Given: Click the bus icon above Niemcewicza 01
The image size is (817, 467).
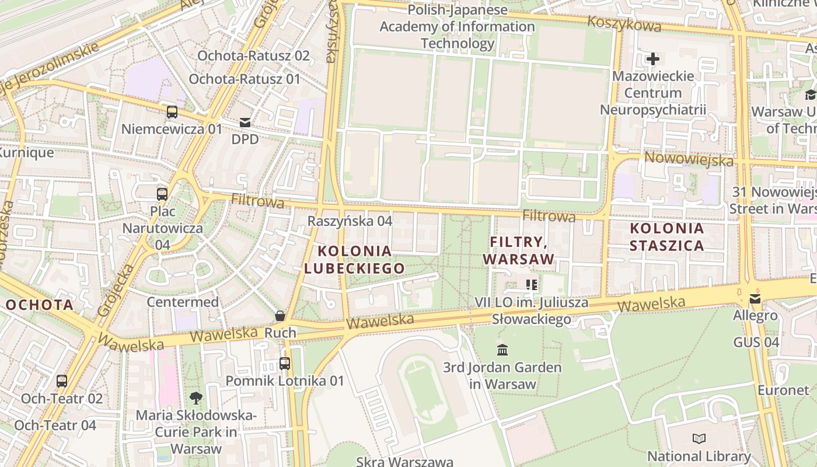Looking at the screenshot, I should point(172,112).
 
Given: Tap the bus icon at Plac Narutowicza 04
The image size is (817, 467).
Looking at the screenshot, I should point(162,194).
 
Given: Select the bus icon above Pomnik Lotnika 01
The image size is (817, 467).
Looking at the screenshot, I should point(285,364).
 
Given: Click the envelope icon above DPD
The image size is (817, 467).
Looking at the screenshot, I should point(245,123).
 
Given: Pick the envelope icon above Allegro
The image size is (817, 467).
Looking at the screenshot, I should point(755,299).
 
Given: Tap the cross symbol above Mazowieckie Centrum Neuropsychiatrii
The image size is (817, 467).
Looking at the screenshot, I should point(653,59).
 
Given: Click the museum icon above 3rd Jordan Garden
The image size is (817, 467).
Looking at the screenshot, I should point(502,350).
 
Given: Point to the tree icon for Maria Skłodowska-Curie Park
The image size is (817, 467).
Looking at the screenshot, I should point(196,398).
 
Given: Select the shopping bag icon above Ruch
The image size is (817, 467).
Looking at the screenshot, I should point(280,316).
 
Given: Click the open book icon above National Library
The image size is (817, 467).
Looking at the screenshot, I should point(699,438).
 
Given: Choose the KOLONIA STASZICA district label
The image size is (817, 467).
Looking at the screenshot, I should point(667,236).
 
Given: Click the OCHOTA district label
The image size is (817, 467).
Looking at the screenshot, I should point(40,305).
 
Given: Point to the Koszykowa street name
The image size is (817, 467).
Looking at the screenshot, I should point(624,24).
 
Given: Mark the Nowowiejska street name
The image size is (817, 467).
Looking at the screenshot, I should point(689,159).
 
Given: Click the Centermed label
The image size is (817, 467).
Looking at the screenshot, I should point(183,302).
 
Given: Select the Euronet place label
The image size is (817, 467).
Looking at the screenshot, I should point(783,390).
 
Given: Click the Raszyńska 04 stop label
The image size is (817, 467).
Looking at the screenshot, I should point(350,221).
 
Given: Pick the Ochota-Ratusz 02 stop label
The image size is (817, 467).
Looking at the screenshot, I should point(253,55).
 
